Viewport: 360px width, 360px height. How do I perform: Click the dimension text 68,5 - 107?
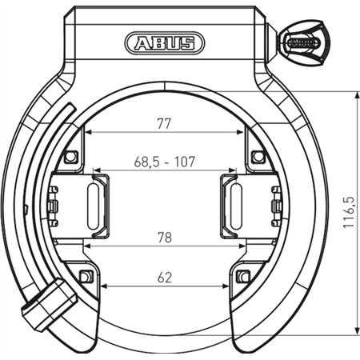click(x=165, y=161)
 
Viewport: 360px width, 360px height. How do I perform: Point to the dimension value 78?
click(x=164, y=237)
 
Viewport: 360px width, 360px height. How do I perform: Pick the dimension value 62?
click(x=165, y=278)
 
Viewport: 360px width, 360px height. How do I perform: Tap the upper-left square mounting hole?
click(x=71, y=156)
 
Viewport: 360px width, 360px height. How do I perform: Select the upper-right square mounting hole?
click(x=257, y=156)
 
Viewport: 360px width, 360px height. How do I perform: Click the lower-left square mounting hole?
click(x=86, y=277)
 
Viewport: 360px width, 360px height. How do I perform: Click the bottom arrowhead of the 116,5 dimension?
click(x=354, y=330)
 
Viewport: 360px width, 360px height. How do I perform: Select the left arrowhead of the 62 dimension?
click(x=102, y=287)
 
